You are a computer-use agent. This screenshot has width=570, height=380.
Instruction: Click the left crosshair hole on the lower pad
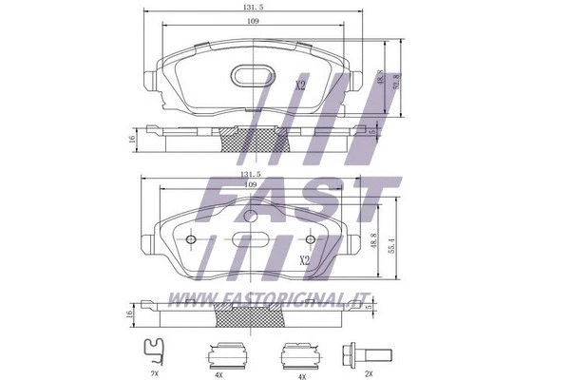click(194, 239)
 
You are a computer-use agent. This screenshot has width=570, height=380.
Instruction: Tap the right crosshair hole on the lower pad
click(306, 239)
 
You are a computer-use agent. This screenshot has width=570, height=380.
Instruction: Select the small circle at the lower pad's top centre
click(251, 217)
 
